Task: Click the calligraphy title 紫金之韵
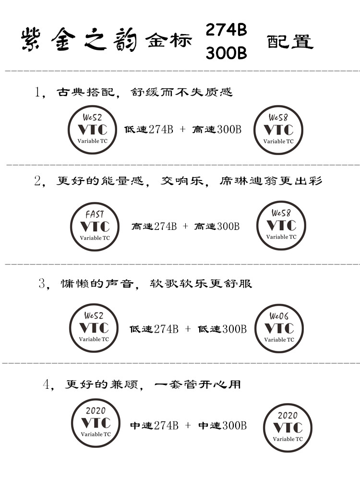79,40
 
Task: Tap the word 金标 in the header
169,40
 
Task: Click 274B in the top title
226,30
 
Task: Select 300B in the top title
226,53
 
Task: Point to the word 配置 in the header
290,42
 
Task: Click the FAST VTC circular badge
95,227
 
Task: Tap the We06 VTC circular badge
279,328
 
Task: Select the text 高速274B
154,226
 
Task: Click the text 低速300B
222,329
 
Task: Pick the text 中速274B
154,425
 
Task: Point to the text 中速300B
222,425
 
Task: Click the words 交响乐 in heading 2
182,181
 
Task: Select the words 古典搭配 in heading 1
86,92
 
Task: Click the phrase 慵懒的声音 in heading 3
97,284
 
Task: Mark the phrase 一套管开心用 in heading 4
197,384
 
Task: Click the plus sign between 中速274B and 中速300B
188,425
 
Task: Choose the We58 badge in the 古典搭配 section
278,130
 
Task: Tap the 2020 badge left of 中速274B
96,423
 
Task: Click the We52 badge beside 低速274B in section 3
94,328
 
